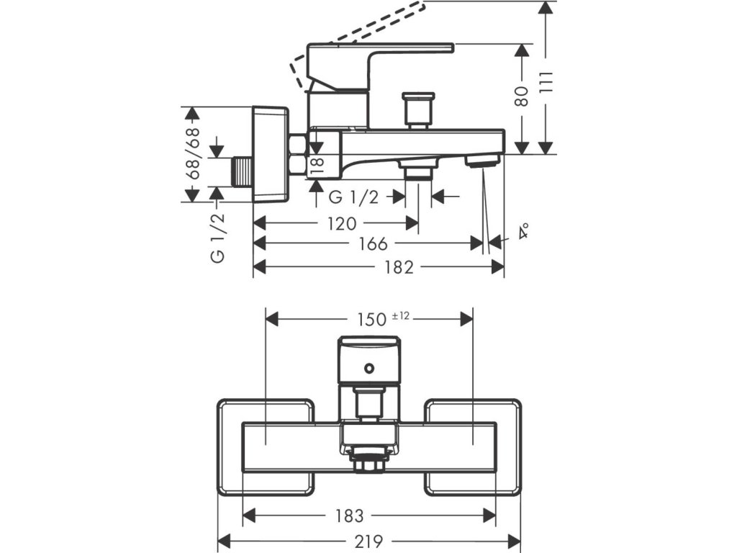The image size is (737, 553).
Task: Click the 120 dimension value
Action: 342,223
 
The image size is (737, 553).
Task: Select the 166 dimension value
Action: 374,243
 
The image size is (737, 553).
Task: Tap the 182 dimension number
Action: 399,268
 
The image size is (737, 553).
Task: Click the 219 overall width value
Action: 368,542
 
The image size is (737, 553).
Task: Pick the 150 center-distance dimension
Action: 371,320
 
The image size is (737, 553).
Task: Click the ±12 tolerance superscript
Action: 400,316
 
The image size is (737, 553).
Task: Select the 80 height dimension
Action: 522,96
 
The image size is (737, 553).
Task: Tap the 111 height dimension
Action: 546,84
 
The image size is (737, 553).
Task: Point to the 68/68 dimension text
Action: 193,153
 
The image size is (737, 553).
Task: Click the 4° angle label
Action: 524,231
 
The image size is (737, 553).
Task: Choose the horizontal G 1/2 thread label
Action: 353,197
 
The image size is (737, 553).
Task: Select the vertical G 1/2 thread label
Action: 217,238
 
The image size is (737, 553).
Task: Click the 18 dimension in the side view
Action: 317,166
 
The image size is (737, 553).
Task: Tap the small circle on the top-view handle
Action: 369,368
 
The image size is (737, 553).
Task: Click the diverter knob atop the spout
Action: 418,110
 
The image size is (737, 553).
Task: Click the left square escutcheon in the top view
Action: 266,448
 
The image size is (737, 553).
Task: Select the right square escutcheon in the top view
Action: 473,448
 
